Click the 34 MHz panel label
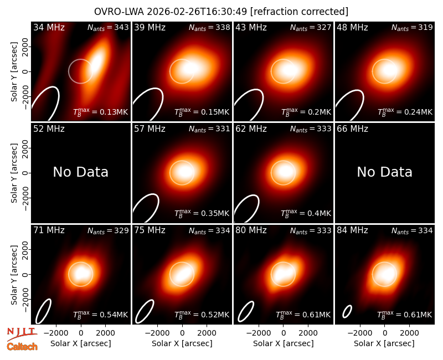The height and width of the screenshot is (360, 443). (x=49, y=27)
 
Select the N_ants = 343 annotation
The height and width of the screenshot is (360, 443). (x=108, y=27)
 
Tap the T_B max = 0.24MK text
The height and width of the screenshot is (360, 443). (x=405, y=112)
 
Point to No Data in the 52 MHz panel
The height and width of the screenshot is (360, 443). (x=80, y=172)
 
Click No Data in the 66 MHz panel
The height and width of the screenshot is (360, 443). (x=384, y=172)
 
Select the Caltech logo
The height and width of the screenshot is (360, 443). (x=22, y=347)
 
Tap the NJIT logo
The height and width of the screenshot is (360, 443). (x=22, y=333)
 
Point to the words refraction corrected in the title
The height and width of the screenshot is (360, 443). (x=300, y=12)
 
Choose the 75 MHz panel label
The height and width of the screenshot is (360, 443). (x=150, y=230)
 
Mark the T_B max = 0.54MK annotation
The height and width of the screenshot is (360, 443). (x=101, y=315)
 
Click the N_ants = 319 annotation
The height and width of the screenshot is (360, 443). (x=412, y=27)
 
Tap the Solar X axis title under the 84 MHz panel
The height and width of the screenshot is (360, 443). (x=384, y=343)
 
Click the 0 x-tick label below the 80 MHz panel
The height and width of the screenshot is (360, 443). (x=284, y=333)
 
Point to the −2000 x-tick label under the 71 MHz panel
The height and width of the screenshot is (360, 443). (x=56, y=333)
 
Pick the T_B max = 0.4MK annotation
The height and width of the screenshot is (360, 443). (x=306, y=213)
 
